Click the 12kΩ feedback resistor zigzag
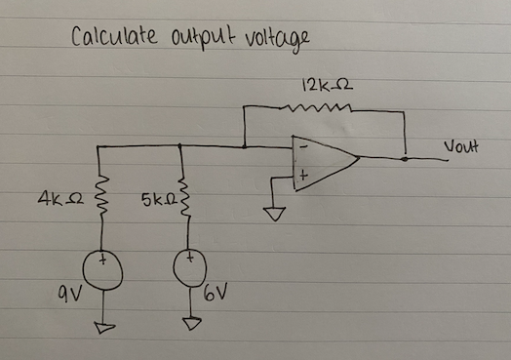(x=321, y=109)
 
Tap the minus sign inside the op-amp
(x=302, y=146)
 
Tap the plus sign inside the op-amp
(x=302, y=177)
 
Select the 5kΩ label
(x=156, y=203)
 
